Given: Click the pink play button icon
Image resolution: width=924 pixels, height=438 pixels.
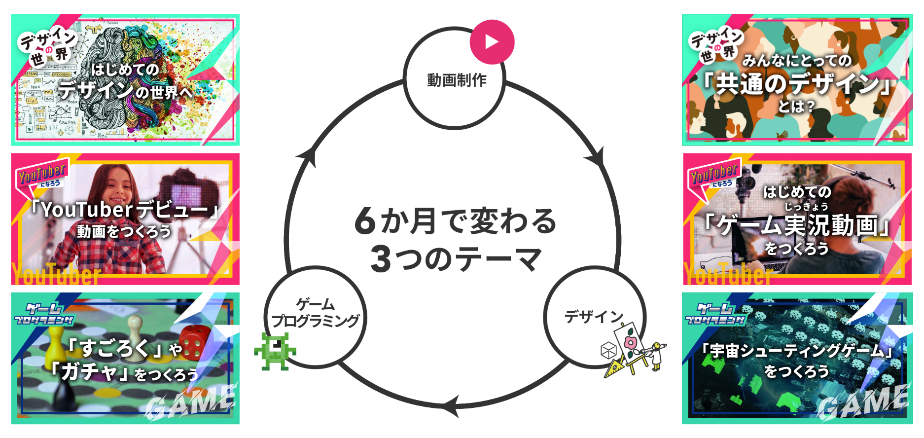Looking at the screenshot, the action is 492,42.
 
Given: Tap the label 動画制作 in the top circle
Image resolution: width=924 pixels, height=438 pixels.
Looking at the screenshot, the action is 457,80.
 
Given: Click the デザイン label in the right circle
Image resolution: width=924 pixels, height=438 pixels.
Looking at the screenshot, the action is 594,316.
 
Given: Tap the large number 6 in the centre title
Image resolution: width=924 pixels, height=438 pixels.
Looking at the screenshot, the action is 365,221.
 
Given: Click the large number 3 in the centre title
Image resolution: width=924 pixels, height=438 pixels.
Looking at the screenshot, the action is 381,259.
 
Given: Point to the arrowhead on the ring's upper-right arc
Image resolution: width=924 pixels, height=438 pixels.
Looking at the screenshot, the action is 596,158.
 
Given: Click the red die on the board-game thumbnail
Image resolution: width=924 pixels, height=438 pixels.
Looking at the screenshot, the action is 192,341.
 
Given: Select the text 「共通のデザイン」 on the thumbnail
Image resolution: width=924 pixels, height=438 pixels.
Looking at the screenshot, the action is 797,83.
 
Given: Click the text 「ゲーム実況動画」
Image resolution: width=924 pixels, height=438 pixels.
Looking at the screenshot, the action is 797,226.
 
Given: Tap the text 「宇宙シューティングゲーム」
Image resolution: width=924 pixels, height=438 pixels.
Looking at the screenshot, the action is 797,350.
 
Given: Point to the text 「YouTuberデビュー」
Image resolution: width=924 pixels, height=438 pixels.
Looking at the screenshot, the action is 124,210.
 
